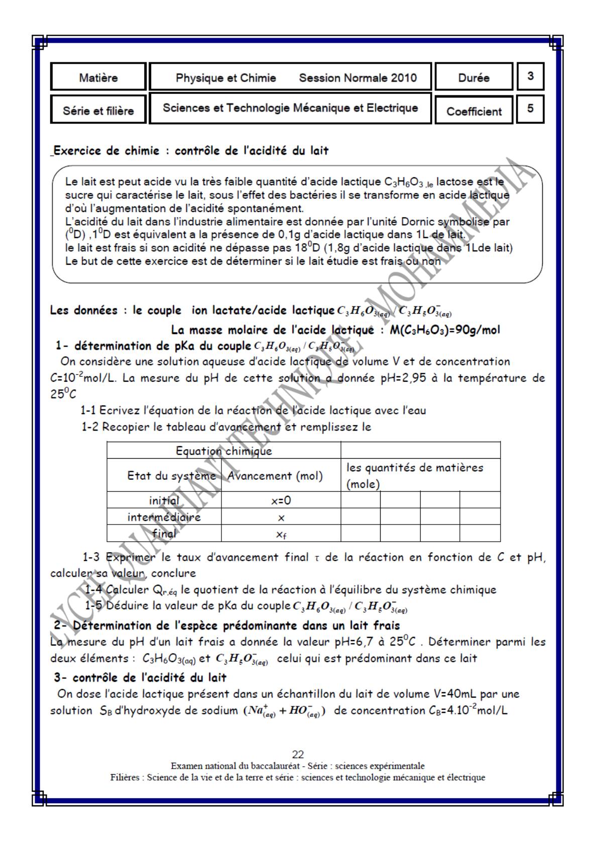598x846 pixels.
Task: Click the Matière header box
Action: [98, 78]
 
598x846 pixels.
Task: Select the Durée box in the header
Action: [473, 78]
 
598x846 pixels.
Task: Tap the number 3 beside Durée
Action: [530, 76]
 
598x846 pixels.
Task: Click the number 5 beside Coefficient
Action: [530, 109]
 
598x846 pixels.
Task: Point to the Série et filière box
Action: [98, 111]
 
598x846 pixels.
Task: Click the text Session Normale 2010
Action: [357, 78]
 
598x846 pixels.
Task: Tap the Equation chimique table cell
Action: [223, 451]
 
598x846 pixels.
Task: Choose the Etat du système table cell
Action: [171, 475]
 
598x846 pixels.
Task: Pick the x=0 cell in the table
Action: [281, 500]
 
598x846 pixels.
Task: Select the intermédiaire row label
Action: [164, 517]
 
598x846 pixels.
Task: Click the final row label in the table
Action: [164, 534]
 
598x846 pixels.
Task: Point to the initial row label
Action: [164, 500]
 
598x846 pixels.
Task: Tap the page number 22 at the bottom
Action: [298, 754]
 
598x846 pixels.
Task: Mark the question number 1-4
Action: [95, 589]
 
